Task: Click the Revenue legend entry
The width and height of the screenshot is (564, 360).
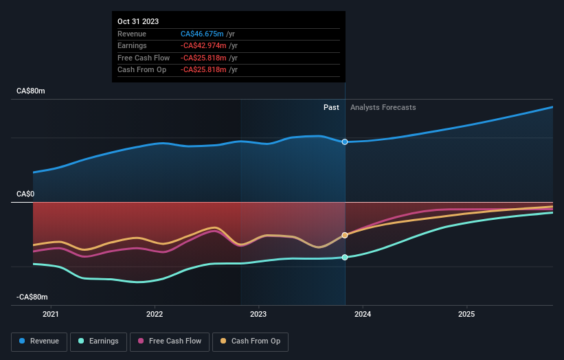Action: (40, 341)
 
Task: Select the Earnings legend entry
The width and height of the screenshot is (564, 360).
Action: (99, 341)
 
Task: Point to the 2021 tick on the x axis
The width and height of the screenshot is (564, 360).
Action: (50, 315)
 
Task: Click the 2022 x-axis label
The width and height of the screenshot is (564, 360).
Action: (155, 315)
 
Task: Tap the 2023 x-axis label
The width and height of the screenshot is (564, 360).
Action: (258, 315)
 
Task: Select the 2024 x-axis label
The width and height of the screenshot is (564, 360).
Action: (363, 315)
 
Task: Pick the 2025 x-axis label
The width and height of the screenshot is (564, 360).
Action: (466, 315)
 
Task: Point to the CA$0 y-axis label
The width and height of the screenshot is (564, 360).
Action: (26, 194)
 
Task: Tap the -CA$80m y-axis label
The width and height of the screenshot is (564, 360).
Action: (33, 297)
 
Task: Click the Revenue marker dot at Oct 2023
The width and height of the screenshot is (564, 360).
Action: (345, 142)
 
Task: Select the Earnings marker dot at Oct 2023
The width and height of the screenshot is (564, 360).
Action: (345, 258)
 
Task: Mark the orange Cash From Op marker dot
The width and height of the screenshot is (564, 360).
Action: (345, 235)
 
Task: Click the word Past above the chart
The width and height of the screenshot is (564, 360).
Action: (331, 107)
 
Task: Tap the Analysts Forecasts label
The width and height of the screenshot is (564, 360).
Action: (383, 107)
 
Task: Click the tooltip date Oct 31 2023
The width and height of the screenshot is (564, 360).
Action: (138, 21)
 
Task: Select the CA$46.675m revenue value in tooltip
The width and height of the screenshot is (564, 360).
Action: (207, 34)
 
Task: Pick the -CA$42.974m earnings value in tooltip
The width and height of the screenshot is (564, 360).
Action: (209, 45)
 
